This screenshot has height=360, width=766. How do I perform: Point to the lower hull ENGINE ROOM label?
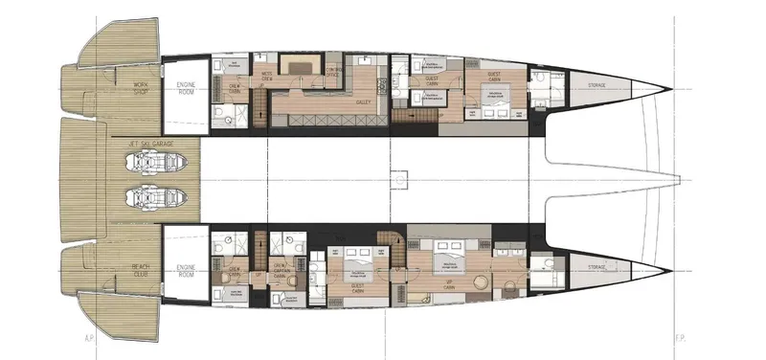pyautogui.click(x=187, y=272)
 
